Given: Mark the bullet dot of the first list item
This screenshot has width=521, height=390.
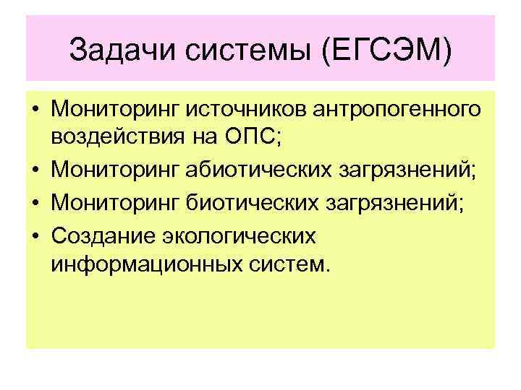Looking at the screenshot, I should tap(34, 111).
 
